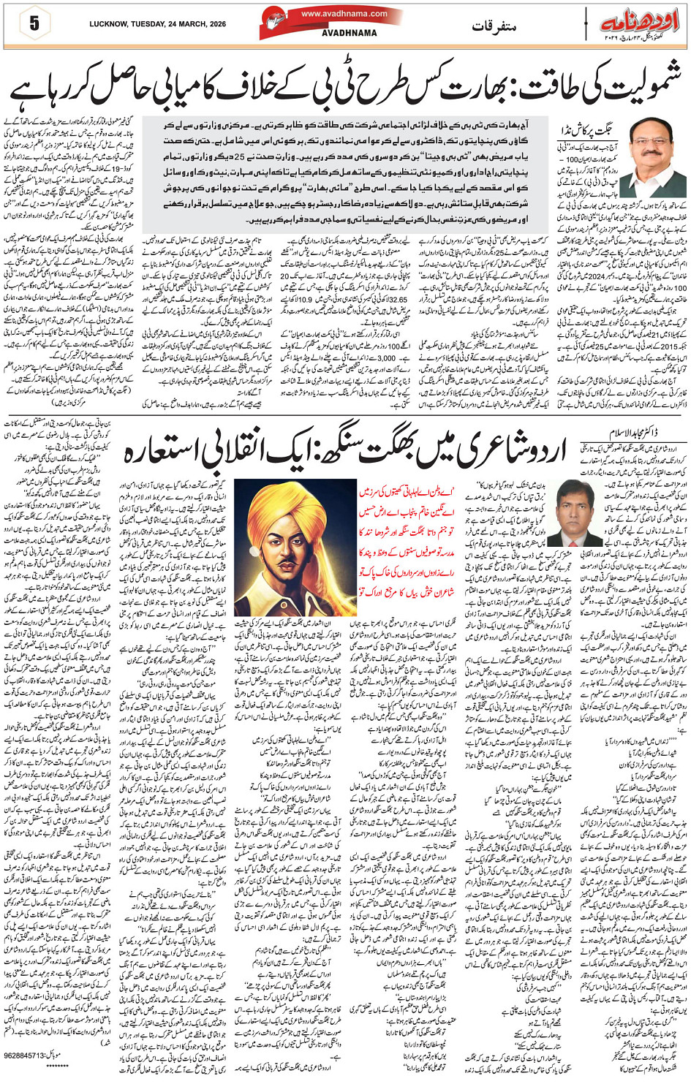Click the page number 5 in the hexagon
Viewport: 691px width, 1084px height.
(x=34, y=23)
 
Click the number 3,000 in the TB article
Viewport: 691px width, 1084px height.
(x=387, y=358)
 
